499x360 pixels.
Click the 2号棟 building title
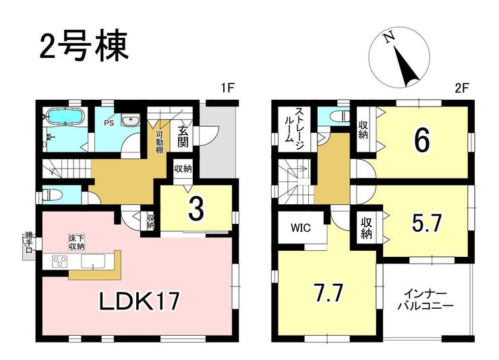[x=84, y=46]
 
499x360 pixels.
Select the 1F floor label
[x=228, y=88]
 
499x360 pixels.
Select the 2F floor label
[x=462, y=88]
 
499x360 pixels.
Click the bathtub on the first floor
[x=65, y=117]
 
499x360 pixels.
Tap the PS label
[x=109, y=123]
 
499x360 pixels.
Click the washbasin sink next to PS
[x=130, y=121]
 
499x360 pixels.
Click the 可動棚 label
[x=159, y=142]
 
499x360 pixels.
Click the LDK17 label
[x=140, y=301]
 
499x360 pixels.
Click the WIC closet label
[x=301, y=227]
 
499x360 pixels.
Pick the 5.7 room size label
[x=425, y=224]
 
